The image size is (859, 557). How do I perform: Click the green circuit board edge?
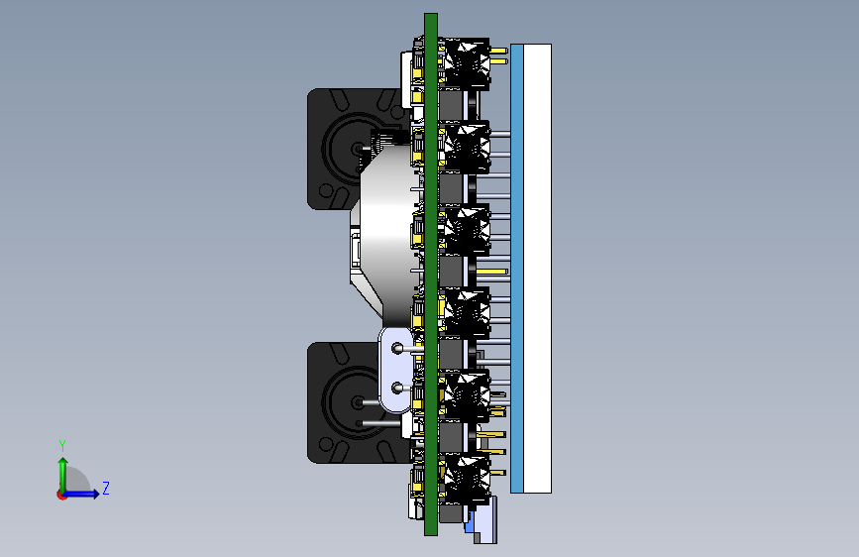click(431, 275)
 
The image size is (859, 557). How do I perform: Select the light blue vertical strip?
click(516, 269)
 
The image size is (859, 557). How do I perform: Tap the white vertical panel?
click(537, 269)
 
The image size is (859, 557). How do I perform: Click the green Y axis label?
click(62, 445)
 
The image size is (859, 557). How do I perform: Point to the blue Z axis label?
click(106, 488)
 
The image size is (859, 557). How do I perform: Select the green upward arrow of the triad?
click(63, 474)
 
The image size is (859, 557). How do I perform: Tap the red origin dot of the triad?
click(61, 495)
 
